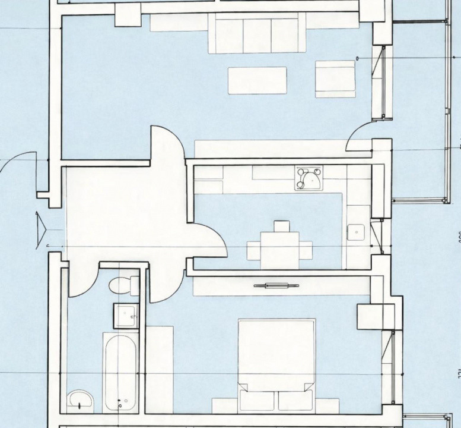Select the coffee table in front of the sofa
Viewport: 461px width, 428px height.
257,81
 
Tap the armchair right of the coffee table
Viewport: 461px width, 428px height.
335,78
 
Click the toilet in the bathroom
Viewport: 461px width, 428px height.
122,285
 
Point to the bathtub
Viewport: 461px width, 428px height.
120,373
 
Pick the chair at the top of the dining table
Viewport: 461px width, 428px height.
281,226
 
